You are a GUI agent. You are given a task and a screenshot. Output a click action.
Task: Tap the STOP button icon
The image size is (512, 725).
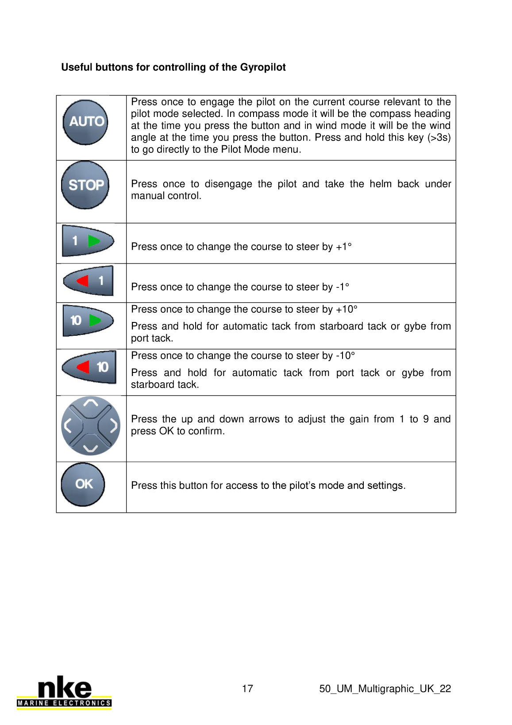[85, 185]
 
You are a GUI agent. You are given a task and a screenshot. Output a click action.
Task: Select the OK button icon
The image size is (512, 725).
[83, 484]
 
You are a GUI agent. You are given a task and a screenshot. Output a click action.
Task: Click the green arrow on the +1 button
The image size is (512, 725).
[94, 241]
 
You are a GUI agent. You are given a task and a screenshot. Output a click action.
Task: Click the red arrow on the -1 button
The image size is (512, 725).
[82, 280]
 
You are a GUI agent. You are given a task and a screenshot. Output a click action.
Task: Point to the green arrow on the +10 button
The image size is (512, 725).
[95, 320]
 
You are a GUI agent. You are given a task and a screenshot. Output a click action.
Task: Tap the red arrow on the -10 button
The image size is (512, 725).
[83, 367]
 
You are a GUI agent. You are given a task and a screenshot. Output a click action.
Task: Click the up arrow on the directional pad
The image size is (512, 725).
[91, 403]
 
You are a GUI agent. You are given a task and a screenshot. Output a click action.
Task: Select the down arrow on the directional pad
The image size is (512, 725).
[91, 449]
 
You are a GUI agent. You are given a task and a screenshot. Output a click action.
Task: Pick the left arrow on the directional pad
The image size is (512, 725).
[68, 426]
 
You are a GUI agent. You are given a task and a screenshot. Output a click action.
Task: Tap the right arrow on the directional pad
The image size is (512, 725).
[114, 426]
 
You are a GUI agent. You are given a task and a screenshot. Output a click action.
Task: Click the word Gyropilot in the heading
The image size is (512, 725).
[263, 67]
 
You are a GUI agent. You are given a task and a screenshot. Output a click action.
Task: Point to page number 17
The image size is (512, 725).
[247, 688]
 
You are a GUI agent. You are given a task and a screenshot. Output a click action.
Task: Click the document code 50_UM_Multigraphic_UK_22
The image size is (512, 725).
[385, 689]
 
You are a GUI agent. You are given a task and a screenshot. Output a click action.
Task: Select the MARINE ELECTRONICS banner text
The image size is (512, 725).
[64, 703]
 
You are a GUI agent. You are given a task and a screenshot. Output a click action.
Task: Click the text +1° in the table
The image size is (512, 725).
[344, 247]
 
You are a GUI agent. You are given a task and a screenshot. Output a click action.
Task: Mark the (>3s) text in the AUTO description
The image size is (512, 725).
[439, 138]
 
